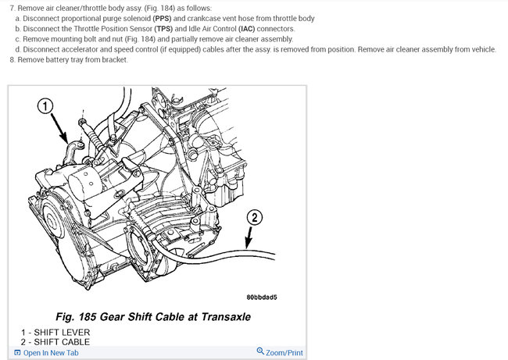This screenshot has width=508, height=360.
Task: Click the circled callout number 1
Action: (46, 106)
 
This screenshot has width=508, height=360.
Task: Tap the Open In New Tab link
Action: (52, 353)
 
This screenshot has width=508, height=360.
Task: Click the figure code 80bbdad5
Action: (262, 298)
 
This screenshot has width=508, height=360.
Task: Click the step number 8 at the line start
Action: (12, 59)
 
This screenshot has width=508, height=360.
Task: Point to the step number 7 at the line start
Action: (12, 8)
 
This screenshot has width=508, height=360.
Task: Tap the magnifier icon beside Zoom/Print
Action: (260, 352)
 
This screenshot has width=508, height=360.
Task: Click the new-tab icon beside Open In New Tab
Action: (16, 353)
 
